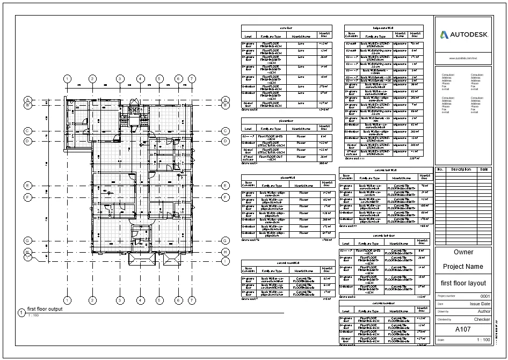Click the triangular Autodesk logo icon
[x=444, y=35]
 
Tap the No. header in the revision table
[x=440, y=170]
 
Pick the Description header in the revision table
[x=460, y=170]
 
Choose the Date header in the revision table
[x=484, y=170]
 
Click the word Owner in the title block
[x=463, y=252]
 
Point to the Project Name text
[x=463, y=267]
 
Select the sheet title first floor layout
[x=463, y=283]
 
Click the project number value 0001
[x=485, y=296]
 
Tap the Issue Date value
[x=480, y=304]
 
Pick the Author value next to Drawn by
[x=483, y=311]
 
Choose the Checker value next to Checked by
[x=482, y=319]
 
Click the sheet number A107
[x=463, y=329]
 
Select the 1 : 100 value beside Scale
[x=483, y=340]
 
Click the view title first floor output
[x=45, y=309]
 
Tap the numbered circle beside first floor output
[x=21, y=312]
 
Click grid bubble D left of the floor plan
[x=27, y=141]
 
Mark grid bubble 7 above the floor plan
[x=192, y=79]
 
